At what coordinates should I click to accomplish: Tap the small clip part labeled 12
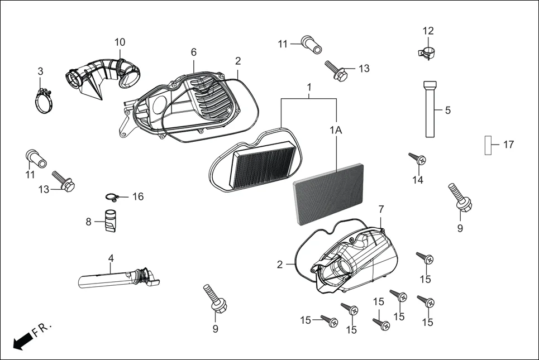click(x=427, y=54)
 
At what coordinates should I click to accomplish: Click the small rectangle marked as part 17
click(x=488, y=145)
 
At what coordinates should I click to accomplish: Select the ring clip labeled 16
click(x=113, y=196)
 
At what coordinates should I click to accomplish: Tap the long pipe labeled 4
click(x=115, y=277)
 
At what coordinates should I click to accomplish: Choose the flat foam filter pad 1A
click(x=328, y=194)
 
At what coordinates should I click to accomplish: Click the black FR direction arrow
click(x=22, y=340)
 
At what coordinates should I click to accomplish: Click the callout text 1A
click(x=336, y=130)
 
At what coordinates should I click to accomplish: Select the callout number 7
click(x=381, y=209)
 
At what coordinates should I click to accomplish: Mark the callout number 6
click(x=193, y=52)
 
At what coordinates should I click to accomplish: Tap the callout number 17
click(x=508, y=145)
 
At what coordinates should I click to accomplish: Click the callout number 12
click(x=428, y=31)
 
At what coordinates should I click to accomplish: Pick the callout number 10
click(x=120, y=42)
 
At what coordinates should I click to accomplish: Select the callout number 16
click(x=137, y=196)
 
